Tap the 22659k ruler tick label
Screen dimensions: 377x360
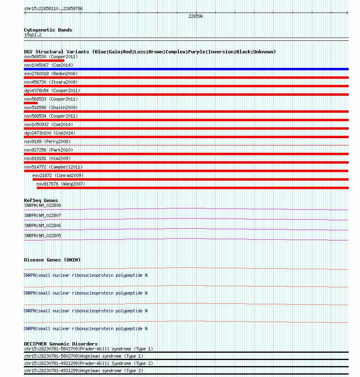[x=196, y=17]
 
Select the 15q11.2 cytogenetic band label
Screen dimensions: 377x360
[x=33, y=35]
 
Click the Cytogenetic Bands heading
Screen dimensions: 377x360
[x=48, y=30]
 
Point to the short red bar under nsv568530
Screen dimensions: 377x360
[x=44, y=61]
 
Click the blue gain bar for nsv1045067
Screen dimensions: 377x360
[x=186, y=69]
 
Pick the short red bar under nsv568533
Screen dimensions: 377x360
[x=31, y=103]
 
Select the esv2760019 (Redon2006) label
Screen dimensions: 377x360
[x=51, y=74]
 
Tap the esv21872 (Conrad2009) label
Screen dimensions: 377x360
[x=58, y=175]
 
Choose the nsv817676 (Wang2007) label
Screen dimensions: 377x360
[x=61, y=184]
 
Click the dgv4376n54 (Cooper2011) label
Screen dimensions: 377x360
[x=52, y=91]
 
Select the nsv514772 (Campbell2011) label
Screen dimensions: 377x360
[x=53, y=167]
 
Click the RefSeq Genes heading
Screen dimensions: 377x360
[x=41, y=200]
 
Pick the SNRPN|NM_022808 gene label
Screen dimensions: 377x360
[x=42, y=205]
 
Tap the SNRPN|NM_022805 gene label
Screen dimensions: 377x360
[x=42, y=236]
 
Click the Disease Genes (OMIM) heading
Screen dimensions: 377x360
[x=52, y=260]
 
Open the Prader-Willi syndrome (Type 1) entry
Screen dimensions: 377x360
[x=89, y=349]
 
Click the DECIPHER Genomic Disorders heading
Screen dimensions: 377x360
[x=61, y=344]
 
